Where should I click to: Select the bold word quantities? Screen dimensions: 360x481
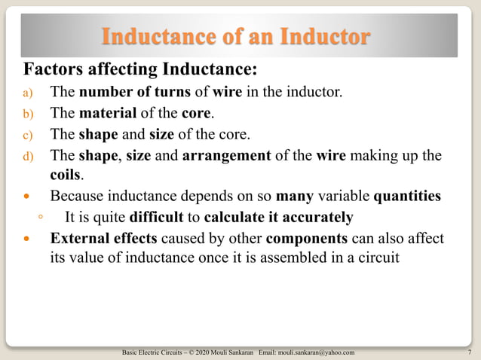click(407, 197)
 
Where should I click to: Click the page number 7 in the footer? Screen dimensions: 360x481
click(469, 352)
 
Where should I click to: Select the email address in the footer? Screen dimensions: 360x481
click(317, 352)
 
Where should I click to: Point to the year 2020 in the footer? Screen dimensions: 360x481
click(207, 352)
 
